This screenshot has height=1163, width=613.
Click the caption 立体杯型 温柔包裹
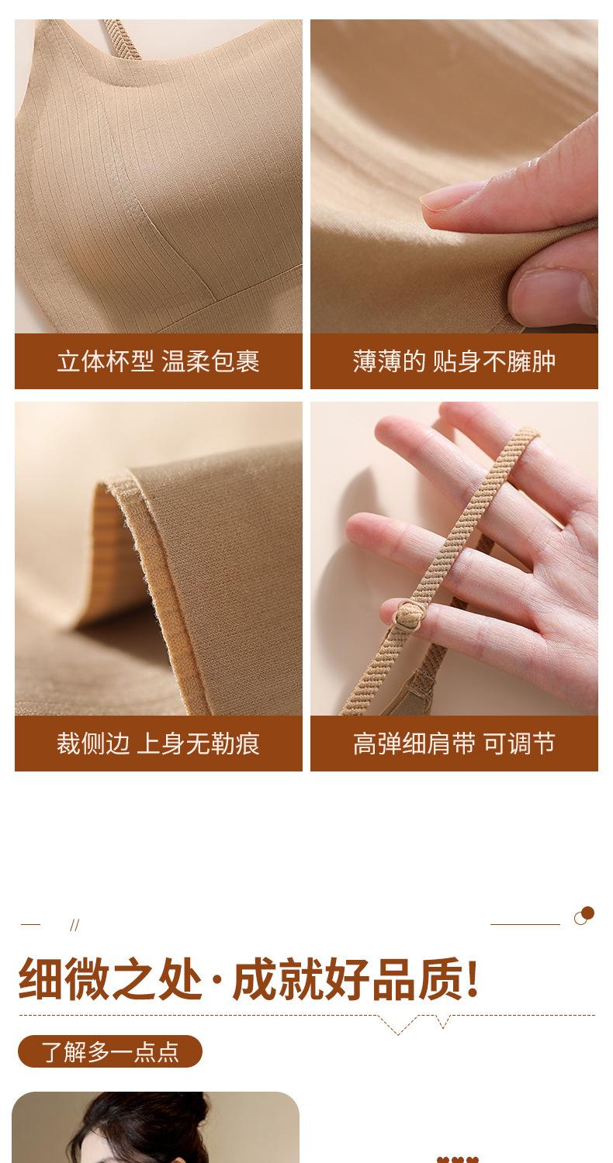(x=158, y=361)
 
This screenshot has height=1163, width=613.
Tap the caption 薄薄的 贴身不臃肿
(x=454, y=361)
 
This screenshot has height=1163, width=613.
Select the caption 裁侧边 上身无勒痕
(x=158, y=744)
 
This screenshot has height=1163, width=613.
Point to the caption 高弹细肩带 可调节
(x=454, y=744)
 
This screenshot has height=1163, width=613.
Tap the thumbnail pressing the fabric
(x=551, y=293)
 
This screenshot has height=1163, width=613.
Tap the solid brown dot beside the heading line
(x=587, y=913)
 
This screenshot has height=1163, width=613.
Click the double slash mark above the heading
(x=74, y=925)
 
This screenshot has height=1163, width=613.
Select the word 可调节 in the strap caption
(x=519, y=744)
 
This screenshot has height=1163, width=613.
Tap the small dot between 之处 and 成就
(x=217, y=981)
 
